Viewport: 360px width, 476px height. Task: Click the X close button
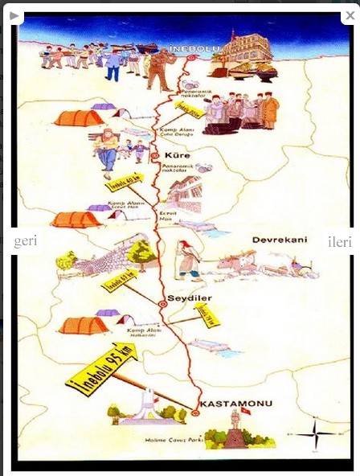click(349, 16)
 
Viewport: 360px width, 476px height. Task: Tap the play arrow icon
click(14, 16)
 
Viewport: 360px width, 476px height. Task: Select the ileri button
click(338, 242)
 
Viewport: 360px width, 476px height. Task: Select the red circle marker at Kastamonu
click(195, 412)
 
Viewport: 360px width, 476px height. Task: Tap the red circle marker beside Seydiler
click(162, 304)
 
